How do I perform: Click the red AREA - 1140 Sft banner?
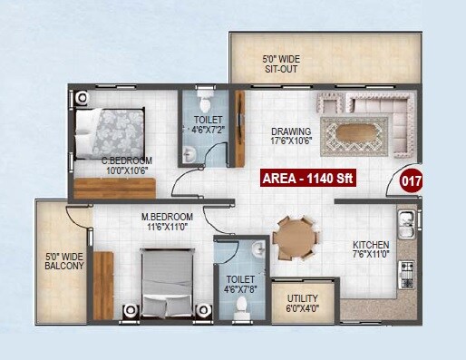[x=306, y=178]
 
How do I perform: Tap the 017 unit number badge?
[x=411, y=181]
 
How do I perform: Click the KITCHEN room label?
[x=371, y=245]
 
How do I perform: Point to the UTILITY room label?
[x=302, y=298]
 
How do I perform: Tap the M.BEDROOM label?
[x=168, y=218]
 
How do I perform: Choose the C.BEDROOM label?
[x=126, y=161]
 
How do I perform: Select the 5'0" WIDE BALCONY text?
[x=64, y=261]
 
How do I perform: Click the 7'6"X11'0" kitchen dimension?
[x=371, y=255]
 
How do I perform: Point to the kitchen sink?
[x=405, y=220]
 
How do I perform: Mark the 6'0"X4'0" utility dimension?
[x=302, y=308]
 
